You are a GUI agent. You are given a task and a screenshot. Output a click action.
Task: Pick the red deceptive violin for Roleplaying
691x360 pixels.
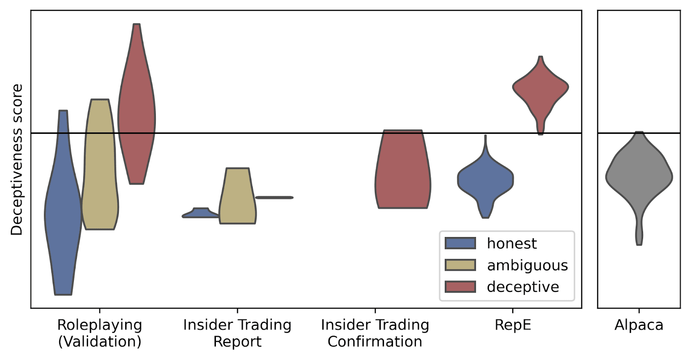click(137, 112)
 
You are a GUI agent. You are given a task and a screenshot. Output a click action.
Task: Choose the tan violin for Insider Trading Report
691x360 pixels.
click(238, 199)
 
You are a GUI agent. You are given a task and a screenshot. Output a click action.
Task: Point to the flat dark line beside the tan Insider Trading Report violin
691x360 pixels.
click(274, 198)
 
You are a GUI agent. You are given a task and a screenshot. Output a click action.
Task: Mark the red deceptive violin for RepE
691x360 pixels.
click(540, 88)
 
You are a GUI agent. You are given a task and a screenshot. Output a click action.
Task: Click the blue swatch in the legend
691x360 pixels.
click(460, 243)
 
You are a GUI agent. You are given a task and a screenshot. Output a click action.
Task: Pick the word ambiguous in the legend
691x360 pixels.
click(527, 265)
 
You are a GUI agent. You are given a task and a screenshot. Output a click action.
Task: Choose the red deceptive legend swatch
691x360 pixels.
click(460, 287)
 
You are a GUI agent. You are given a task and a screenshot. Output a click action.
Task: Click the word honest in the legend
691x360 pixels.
click(512, 244)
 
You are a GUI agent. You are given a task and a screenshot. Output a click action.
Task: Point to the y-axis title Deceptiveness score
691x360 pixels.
click(16, 160)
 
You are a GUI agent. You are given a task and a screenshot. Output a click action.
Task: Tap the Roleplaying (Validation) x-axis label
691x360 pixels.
click(100, 333)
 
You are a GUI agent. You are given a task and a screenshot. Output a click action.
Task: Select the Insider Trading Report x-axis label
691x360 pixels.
click(237, 333)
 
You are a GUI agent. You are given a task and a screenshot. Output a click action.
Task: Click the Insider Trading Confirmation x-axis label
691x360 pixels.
click(375, 333)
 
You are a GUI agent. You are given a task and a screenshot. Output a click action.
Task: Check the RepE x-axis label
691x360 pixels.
click(513, 325)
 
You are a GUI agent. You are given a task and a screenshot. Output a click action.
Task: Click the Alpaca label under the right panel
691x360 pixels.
click(639, 325)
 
